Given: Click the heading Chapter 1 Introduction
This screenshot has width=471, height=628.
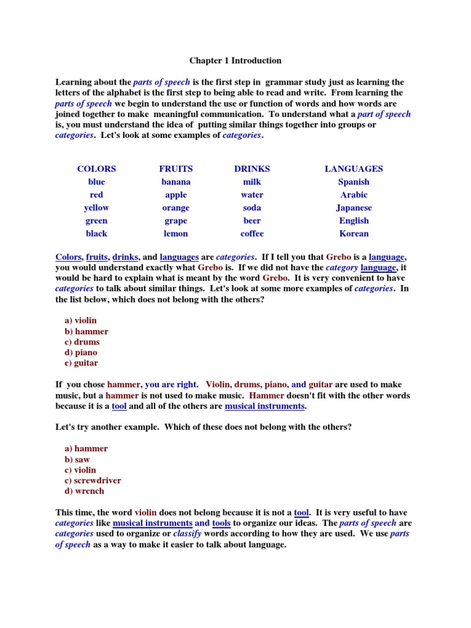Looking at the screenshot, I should [x=235, y=61].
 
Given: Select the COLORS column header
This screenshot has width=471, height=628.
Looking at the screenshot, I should [x=96, y=169].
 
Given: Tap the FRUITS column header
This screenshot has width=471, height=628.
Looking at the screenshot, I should [x=176, y=169].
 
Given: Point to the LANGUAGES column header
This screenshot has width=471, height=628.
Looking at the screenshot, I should [x=354, y=169].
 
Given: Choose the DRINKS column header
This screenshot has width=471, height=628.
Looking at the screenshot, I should [x=252, y=169].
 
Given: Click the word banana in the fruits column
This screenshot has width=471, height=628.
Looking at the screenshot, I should [x=176, y=182].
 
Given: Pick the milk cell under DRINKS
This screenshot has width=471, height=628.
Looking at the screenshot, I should [x=252, y=182].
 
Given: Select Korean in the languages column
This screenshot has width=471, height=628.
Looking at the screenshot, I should [x=354, y=234].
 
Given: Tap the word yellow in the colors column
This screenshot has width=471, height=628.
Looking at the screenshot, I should [x=96, y=208].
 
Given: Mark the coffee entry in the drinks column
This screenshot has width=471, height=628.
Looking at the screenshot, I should [x=252, y=234].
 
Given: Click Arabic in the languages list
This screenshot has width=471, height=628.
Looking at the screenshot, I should [x=354, y=195].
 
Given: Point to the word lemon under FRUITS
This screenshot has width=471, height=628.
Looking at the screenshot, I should [x=176, y=234].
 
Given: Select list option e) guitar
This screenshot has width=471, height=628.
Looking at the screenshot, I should [x=82, y=363].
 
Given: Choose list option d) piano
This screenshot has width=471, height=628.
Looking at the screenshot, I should [x=81, y=353].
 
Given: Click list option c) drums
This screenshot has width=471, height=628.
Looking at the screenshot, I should [x=82, y=342].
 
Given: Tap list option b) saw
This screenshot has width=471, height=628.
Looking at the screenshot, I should [x=77, y=459].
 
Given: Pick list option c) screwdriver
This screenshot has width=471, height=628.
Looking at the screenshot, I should [x=93, y=481].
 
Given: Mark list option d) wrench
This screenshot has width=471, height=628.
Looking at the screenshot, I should [x=85, y=491].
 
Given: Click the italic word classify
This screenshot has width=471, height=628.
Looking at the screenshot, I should [x=187, y=534].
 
